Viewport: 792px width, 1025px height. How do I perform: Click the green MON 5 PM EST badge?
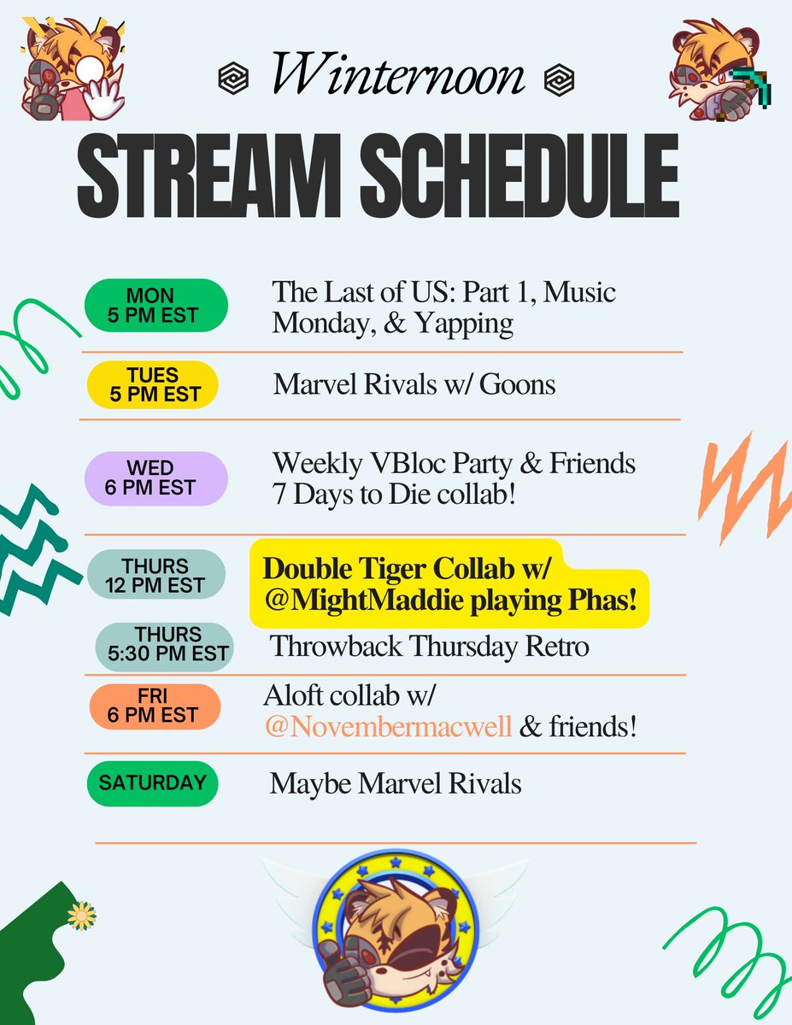(x=155, y=306)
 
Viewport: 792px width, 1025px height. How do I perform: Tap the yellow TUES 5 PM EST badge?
(x=155, y=384)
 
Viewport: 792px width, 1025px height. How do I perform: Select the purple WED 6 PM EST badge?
(x=155, y=478)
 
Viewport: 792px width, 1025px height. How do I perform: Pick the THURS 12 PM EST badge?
(x=155, y=575)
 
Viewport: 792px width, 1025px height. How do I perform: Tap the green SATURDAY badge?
(x=151, y=782)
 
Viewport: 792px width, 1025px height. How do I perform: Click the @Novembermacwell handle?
(x=388, y=729)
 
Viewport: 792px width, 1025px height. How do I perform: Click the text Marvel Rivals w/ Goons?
(x=414, y=384)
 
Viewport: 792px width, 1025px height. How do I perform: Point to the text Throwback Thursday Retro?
(x=430, y=646)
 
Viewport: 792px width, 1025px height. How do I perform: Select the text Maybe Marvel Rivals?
(x=396, y=783)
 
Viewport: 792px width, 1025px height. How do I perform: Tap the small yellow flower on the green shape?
(x=81, y=916)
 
